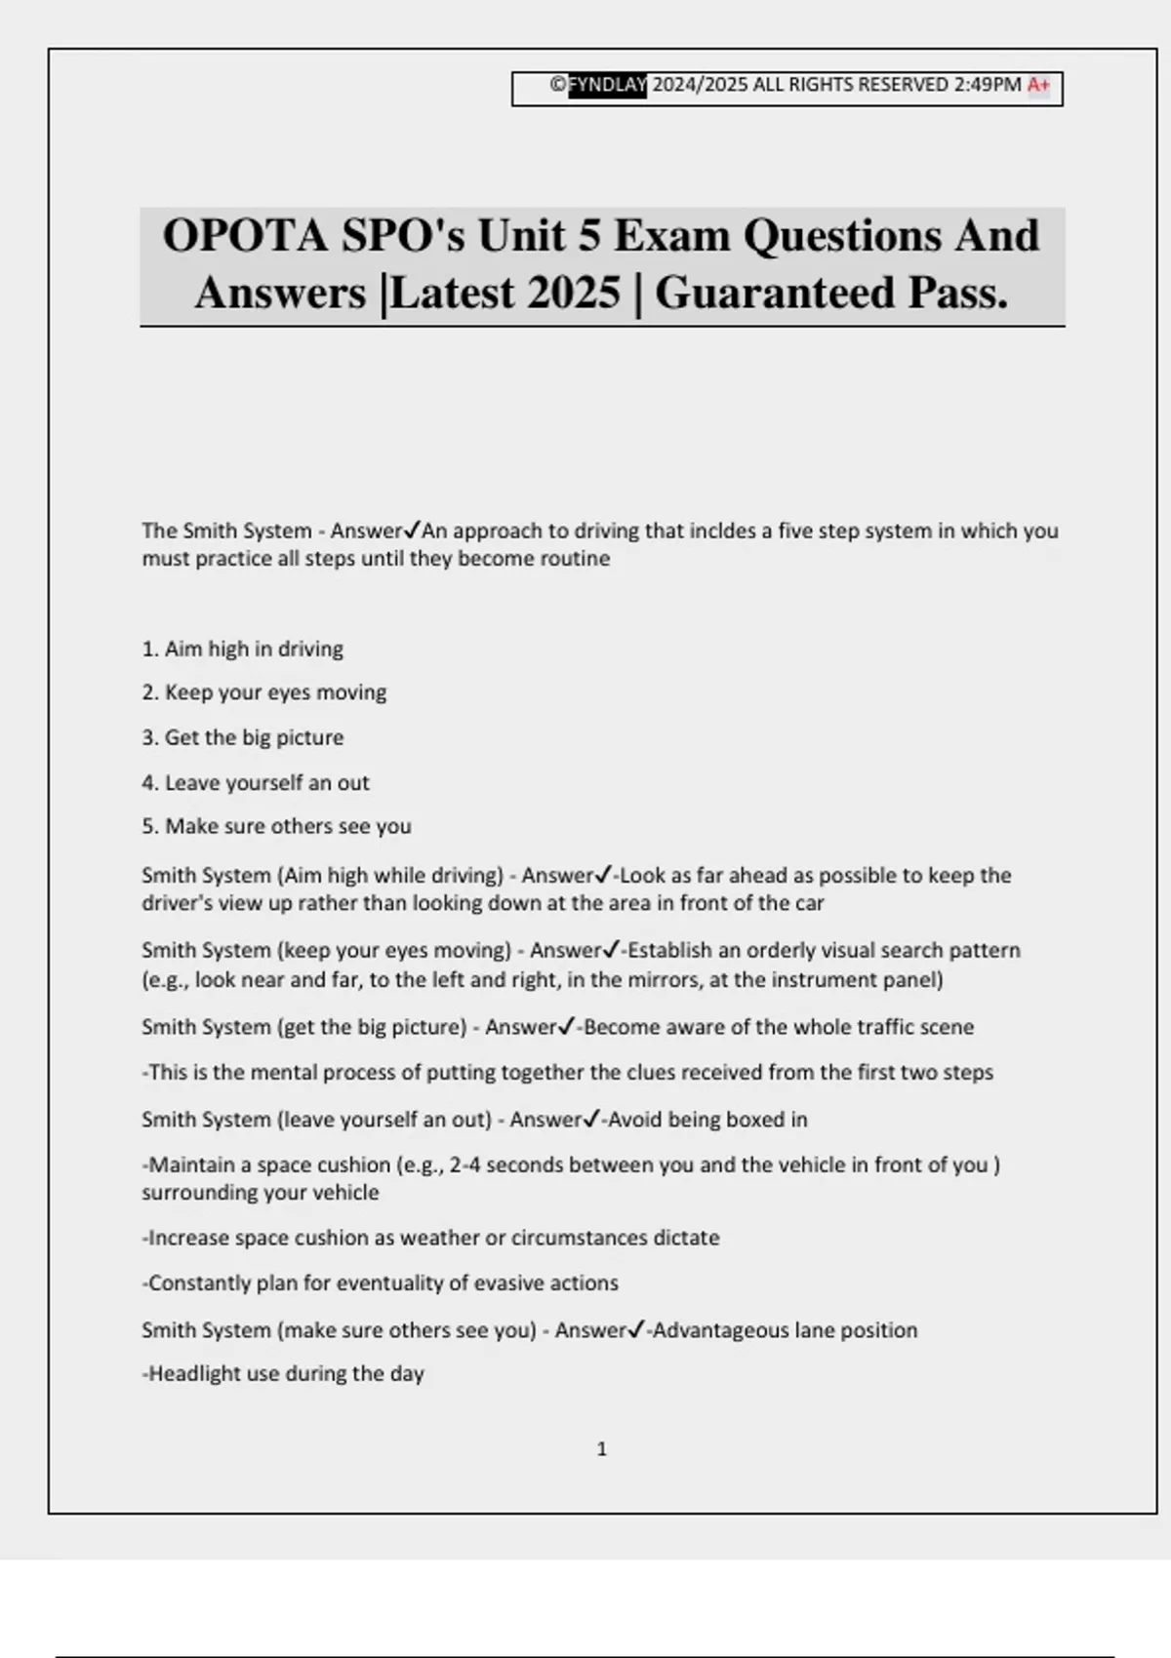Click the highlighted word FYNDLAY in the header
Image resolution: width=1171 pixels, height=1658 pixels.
607,85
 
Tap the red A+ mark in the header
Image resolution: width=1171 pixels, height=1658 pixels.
1038,85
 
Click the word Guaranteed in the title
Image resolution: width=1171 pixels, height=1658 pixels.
774,293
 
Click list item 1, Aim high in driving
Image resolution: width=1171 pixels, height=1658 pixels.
243,649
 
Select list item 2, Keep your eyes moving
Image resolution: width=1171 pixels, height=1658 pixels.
264,692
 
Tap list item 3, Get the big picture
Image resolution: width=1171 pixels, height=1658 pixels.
243,737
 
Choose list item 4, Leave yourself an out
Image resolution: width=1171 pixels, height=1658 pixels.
256,782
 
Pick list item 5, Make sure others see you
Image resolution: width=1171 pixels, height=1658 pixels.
277,826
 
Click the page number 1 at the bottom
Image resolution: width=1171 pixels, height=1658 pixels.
601,1449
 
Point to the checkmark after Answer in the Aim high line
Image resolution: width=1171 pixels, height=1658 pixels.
603,874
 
